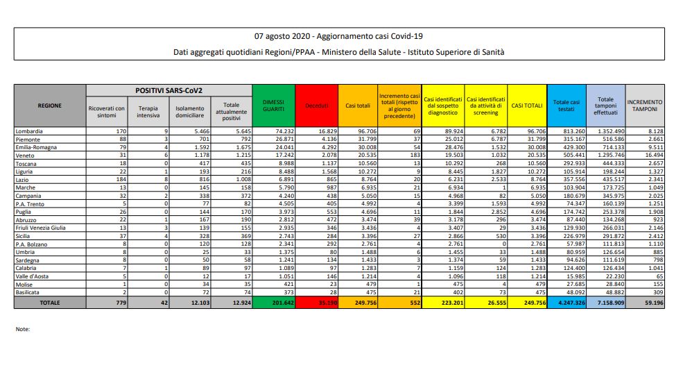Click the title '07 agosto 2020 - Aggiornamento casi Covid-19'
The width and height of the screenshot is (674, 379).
click(x=338, y=36)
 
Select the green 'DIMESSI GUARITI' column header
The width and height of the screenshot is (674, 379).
click(x=273, y=105)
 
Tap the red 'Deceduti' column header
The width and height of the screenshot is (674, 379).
click(x=316, y=106)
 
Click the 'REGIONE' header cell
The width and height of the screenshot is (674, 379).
click(x=50, y=105)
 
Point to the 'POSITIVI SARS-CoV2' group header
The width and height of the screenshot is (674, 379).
click(x=168, y=90)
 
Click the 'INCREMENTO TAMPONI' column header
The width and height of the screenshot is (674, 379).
click(x=645, y=105)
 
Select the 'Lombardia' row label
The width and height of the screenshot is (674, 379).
click(x=31, y=130)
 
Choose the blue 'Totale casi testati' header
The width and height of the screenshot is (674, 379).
click(x=566, y=105)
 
